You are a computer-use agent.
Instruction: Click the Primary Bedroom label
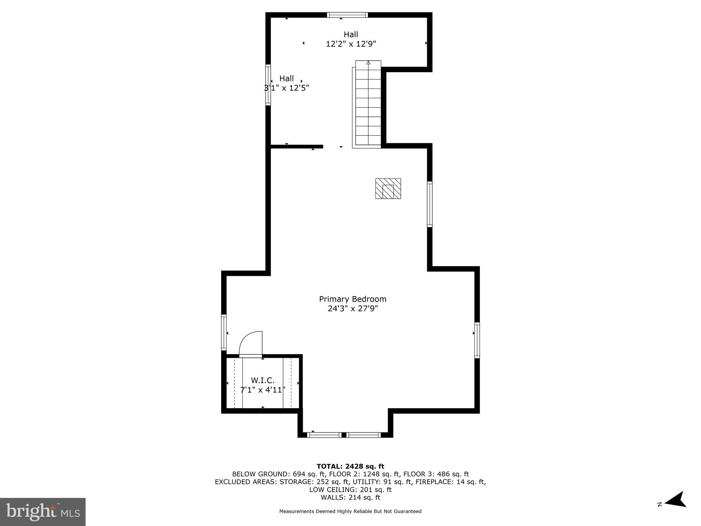coord(353,299)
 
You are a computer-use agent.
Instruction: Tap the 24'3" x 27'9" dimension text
coord(353,309)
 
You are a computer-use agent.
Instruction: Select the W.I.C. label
coord(263,380)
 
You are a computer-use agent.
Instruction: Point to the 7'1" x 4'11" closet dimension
coord(263,390)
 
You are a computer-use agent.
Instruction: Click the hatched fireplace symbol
coord(388,188)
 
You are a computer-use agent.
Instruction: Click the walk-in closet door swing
coord(251,344)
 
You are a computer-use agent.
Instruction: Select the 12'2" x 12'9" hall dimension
coord(351,44)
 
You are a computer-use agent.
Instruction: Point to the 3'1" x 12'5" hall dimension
coord(286,88)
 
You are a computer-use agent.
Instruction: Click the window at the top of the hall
coord(347,15)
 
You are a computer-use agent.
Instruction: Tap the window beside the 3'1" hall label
coord(268,84)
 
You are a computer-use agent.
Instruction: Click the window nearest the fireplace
coord(430,204)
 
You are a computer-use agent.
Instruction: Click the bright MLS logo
coord(42,512)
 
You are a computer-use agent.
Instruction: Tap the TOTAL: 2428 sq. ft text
coord(350,466)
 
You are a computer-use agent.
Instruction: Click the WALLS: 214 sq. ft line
coord(350,497)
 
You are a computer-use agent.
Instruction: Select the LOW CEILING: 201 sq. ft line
coord(350,489)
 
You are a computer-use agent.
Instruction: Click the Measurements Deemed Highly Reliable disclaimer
coord(350,511)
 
